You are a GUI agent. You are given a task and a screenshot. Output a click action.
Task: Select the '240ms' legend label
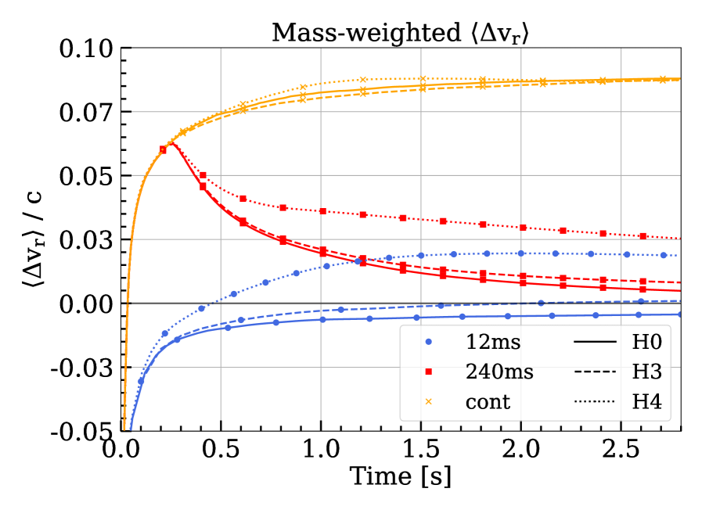(x=499, y=372)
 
